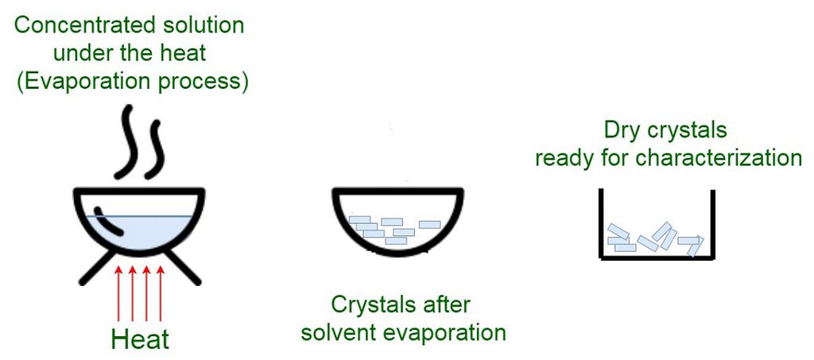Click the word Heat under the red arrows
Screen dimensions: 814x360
click(x=140, y=340)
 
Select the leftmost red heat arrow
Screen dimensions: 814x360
click(x=118, y=293)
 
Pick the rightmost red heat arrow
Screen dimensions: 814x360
click(x=161, y=293)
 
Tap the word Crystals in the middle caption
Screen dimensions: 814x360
click(x=365, y=305)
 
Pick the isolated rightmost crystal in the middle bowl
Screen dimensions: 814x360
click(x=429, y=225)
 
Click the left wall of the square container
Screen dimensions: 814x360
click(x=601, y=223)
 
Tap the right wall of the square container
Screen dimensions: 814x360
click(x=713, y=223)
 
